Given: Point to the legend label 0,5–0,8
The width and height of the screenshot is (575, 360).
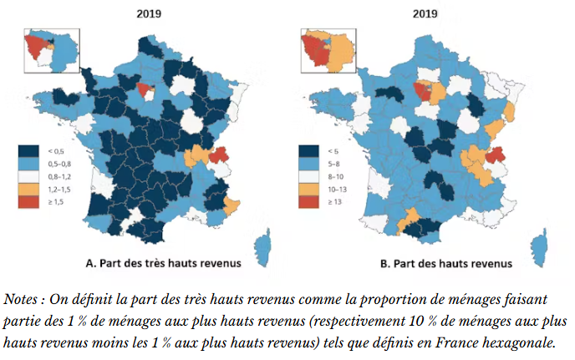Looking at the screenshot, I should tap(58, 165).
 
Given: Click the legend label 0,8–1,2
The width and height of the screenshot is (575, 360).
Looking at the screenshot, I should tap(58, 178).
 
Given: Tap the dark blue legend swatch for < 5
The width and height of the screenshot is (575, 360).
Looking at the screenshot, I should tap(308, 151).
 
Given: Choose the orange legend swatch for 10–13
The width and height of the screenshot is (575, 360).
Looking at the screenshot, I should tap(308, 191).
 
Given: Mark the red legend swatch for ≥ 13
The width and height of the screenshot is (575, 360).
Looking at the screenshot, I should tap(308, 205).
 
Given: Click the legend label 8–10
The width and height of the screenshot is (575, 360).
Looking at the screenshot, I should tap(333, 178).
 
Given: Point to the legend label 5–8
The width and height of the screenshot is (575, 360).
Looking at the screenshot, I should tap(332, 165).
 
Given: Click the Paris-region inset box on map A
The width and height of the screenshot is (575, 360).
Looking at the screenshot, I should tap(50, 50).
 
